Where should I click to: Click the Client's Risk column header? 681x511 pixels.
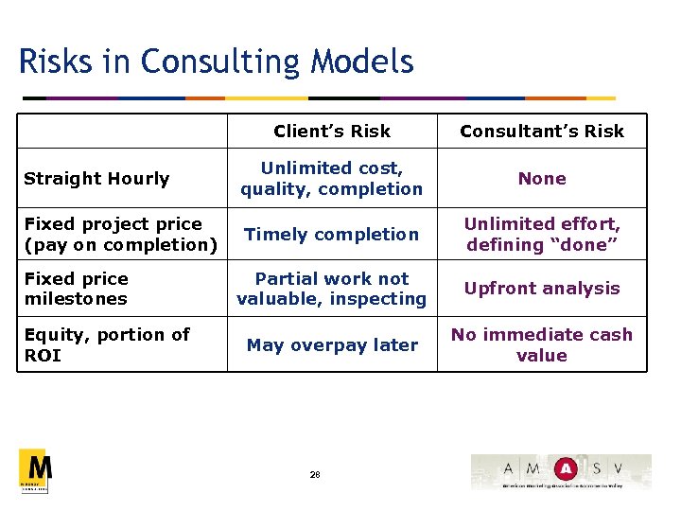(x=331, y=132)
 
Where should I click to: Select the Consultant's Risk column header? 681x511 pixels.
(x=541, y=132)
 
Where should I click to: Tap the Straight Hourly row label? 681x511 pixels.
(x=96, y=179)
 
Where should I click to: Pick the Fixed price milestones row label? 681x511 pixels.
(x=76, y=289)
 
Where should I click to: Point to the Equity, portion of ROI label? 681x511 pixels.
(x=106, y=344)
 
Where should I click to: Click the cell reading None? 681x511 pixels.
(x=541, y=179)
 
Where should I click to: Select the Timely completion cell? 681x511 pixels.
(x=331, y=235)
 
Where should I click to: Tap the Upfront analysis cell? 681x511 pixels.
(x=541, y=289)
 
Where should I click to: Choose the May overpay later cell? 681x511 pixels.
(x=331, y=345)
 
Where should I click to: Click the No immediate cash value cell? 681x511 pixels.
(x=541, y=344)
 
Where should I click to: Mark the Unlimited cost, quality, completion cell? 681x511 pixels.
(x=331, y=179)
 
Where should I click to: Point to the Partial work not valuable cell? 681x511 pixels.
(x=331, y=289)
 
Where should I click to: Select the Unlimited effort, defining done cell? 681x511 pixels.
(x=541, y=235)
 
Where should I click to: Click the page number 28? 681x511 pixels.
(x=314, y=475)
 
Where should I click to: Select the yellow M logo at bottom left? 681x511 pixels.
(x=35, y=470)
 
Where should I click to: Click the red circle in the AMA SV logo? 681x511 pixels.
(x=566, y=468)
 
